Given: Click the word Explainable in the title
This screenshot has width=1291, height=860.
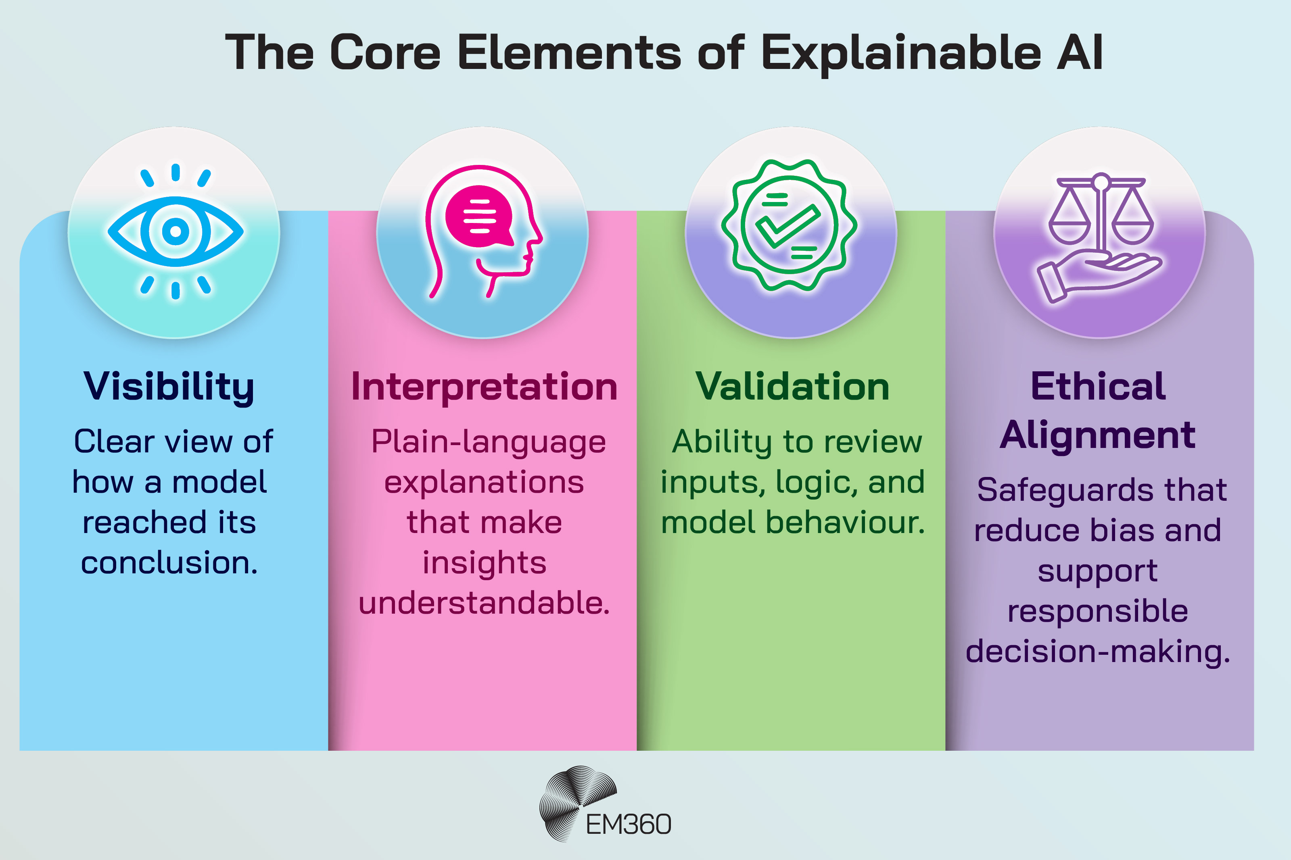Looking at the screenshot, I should click(x=900, y=53).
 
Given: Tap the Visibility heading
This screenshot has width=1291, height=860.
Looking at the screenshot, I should click(x=169, y=387).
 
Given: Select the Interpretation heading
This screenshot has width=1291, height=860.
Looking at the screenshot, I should click(x=484, y=387).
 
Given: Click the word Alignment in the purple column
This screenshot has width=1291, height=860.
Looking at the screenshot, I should click(x=1097, y=435).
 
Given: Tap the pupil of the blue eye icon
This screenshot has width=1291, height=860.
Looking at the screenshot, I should click(x=175, y=231).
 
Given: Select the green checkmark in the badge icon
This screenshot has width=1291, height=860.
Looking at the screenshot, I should click(x=788, y=225).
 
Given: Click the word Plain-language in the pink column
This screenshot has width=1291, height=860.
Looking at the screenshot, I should click(x=488, y=442).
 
